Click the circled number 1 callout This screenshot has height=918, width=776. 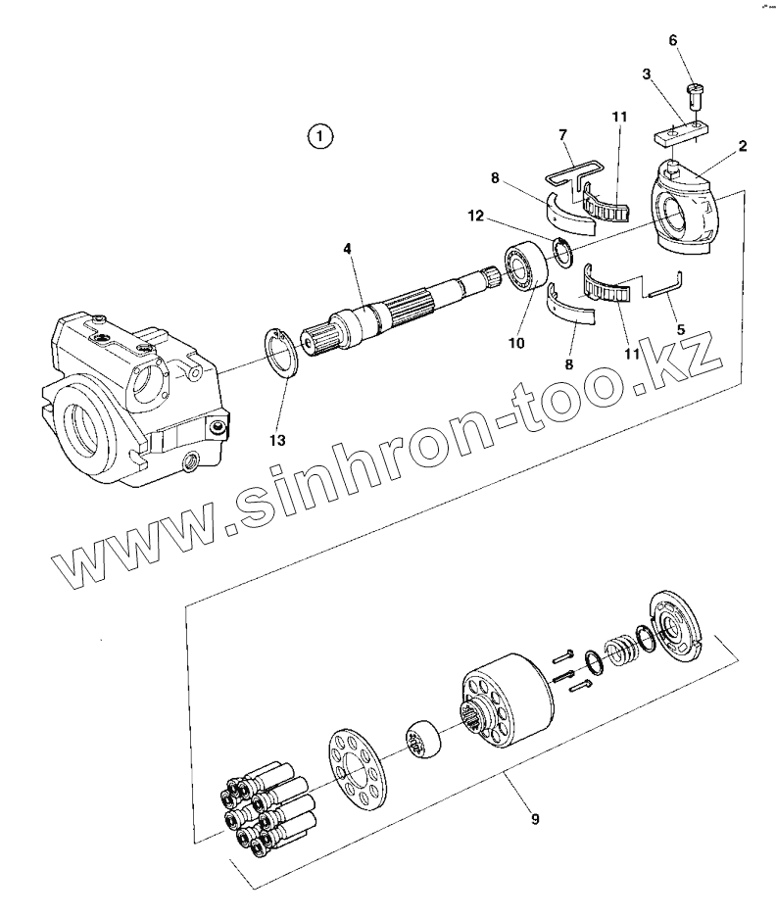(319, 135)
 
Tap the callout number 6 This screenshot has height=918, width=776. (672, 40)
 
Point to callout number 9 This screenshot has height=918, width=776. (535, 817)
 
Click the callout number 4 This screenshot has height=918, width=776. (347, 249)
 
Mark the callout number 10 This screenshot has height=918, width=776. (516, 343)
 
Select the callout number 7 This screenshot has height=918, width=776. (562, 132)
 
